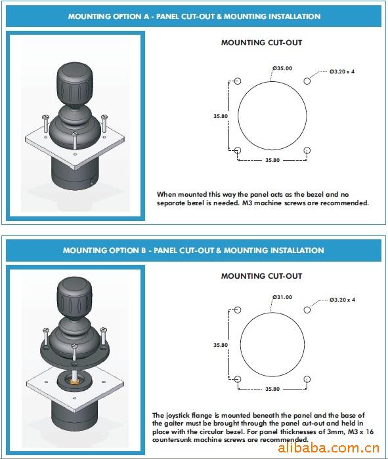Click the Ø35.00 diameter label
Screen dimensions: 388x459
(x=282, y=68)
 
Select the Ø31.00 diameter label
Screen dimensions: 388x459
(x=282, y=297)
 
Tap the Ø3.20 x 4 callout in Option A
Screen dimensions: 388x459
(x=342, y=71)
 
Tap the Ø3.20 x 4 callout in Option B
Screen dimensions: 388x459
(x=342, y=300)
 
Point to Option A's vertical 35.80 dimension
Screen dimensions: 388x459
(x=221, y=116)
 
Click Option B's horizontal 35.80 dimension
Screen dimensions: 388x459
(x=272, y=389)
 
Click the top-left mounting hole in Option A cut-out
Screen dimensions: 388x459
(x=238, y=81)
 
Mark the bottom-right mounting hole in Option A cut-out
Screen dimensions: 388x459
(x=307, y=150)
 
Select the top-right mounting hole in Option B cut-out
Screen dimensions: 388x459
(x=307, y=309)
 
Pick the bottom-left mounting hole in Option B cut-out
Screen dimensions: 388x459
(x=238, y=379)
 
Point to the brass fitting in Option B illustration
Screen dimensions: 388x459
(x=74, y=381)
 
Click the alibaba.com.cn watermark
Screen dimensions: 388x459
(x=328, y=448)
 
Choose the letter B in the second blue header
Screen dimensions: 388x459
(x=143, y=250)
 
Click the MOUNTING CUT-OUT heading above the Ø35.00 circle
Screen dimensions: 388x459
(x=261, y=43)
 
